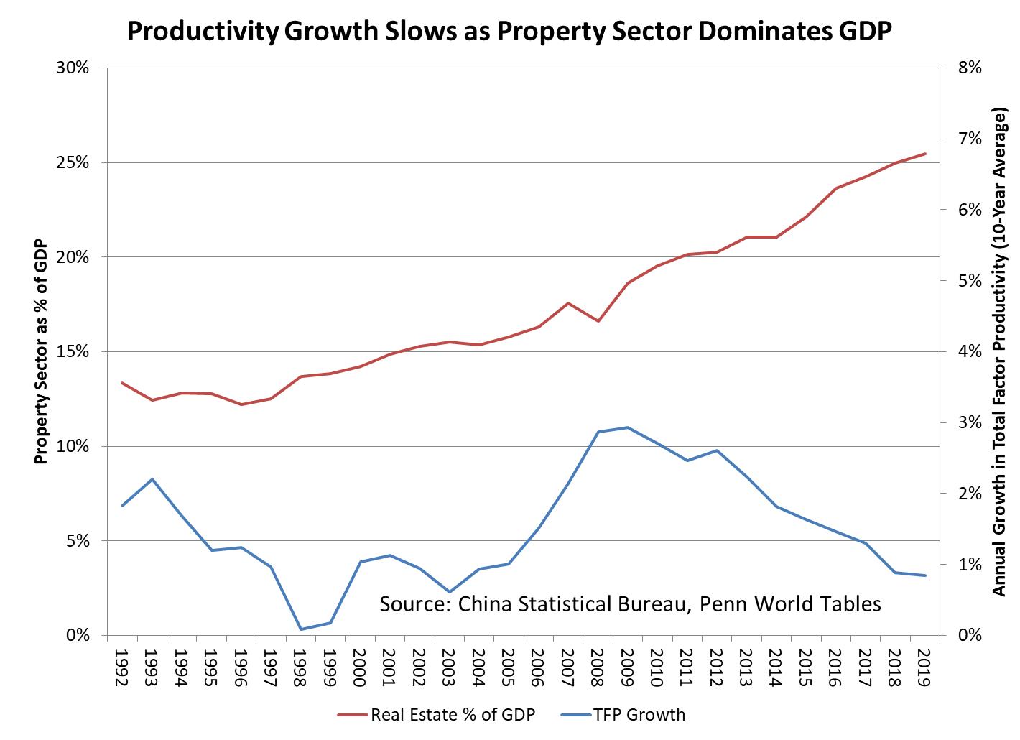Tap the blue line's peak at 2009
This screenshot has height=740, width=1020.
[x=628, y=427]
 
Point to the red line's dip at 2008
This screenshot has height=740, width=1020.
[x=598, y=320]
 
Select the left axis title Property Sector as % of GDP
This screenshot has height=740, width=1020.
[x=42, y=351]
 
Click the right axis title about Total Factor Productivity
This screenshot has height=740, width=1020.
[x=998, y=351]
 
